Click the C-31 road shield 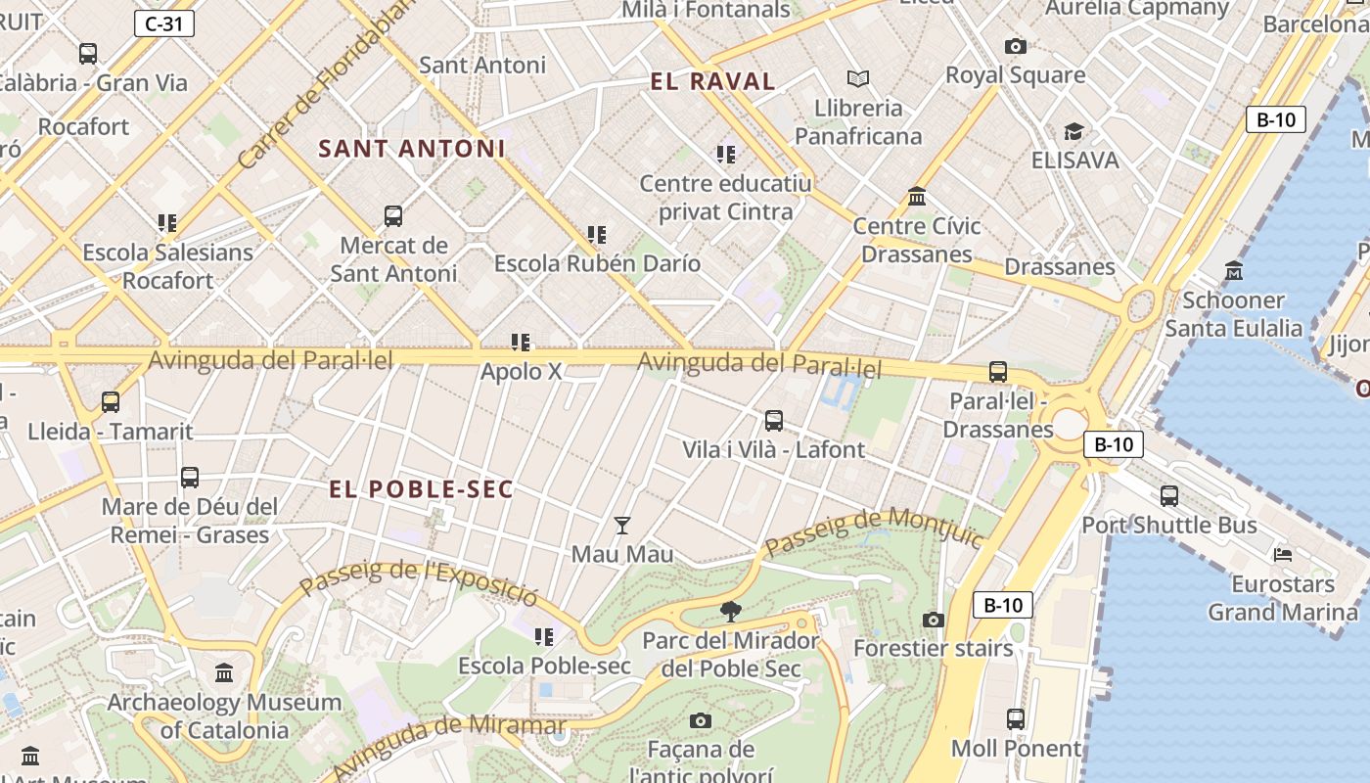[x=163, y=23]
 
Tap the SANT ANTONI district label [x=411, y=149]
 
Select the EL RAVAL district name [x=712, y=82]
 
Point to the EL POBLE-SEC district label [x=421, y=489]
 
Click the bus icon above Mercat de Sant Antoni [x=393, y=216]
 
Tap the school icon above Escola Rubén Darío [x=596, y=235]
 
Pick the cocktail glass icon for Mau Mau [x=621, y=526]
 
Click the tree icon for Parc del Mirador [x=730, y=613]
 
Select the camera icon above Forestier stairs [x=934, y=620]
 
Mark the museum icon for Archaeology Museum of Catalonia [x=224, y=673]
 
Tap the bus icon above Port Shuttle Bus [x=1168, y=496]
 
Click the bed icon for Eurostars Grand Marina [x=1283, y=555]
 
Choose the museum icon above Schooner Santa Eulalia [x=1234, y=271]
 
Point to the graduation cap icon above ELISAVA [x=1073, y=131]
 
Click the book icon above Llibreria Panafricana [x=858, y=78]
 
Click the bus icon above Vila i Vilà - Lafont [x=773, y=421]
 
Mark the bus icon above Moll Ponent [x=1016, y=719]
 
